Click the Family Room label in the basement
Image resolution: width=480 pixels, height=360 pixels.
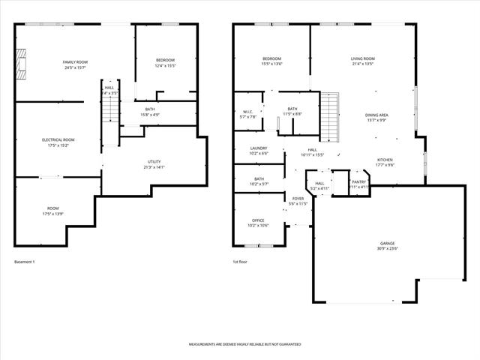point(74,61)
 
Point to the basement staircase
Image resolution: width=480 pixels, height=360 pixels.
point(110,109)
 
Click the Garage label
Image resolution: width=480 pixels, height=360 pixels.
point(387,243)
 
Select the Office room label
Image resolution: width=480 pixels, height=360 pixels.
point(258,220)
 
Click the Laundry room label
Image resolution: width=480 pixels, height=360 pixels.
point(258,148)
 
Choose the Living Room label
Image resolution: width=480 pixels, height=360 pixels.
point(362,58)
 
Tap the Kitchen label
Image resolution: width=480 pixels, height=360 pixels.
point(385,159)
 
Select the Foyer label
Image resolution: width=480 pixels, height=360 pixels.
point(298,198)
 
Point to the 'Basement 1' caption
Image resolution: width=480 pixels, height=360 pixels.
point(25,262)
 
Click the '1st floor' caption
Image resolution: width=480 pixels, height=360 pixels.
point(240,262)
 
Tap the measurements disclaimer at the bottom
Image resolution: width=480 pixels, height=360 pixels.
point(244,343)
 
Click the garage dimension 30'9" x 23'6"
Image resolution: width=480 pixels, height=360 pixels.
point(387,249)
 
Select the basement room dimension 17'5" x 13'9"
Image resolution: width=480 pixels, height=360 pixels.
point(52,214)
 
